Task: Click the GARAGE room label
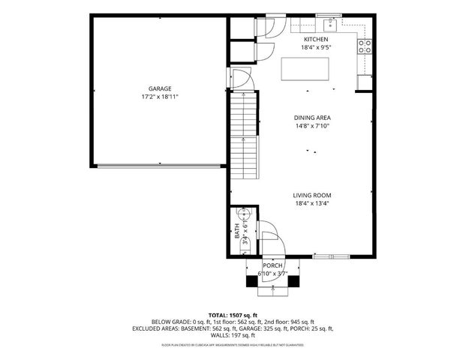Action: [x=160, y=88]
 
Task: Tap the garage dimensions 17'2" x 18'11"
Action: [x=160, y=97]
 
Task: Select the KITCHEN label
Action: [x=315, y=39]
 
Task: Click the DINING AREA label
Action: [x=312, y=118]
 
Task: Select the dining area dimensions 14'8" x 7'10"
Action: [x=312, y=126]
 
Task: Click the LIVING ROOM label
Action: [x=312, y=195]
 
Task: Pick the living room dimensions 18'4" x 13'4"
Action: [x=312, y=203]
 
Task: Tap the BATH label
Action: [x=237, y=232]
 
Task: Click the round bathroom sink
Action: [x=243, y=213]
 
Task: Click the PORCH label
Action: [x=272, y=266]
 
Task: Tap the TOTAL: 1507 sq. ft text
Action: [x=233, y=315]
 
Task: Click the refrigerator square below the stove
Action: [x=365, y=80]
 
